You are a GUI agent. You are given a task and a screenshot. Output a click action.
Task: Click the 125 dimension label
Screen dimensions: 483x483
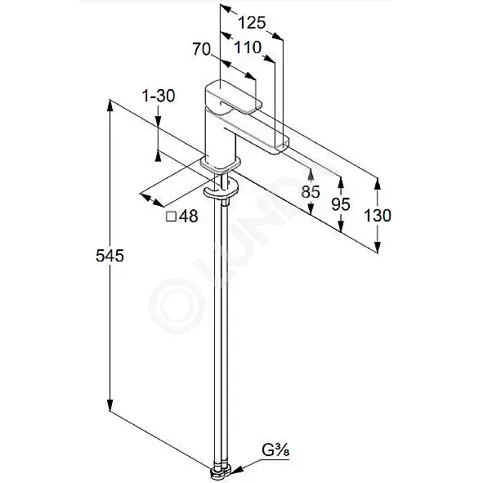252,23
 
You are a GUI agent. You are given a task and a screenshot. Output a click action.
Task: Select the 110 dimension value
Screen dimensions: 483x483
248,47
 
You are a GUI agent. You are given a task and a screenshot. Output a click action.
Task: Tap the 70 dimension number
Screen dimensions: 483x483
202,49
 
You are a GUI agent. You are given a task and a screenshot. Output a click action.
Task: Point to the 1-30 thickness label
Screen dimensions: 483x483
159,96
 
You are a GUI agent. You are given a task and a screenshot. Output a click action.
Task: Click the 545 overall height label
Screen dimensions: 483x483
110,256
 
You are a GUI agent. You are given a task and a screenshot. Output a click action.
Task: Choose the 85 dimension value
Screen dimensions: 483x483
311,192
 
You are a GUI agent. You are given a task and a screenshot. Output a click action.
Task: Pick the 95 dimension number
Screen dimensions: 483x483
341,204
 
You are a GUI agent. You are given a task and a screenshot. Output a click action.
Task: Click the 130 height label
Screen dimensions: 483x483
378,215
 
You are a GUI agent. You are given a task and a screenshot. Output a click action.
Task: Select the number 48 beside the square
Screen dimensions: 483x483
189,217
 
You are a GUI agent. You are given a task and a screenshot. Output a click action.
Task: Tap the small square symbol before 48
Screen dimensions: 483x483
172,217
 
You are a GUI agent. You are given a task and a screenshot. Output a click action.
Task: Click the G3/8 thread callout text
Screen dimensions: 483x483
275,450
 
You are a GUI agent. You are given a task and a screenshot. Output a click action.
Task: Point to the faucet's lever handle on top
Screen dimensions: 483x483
233,96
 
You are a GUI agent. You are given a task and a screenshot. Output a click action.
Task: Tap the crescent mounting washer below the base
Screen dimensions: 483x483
221,189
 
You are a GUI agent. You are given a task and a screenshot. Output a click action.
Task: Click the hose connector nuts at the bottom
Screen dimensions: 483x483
221,473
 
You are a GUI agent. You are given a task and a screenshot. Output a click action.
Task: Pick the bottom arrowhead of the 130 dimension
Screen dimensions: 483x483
378,248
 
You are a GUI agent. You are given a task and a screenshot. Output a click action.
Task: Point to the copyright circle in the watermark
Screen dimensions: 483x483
177,306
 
